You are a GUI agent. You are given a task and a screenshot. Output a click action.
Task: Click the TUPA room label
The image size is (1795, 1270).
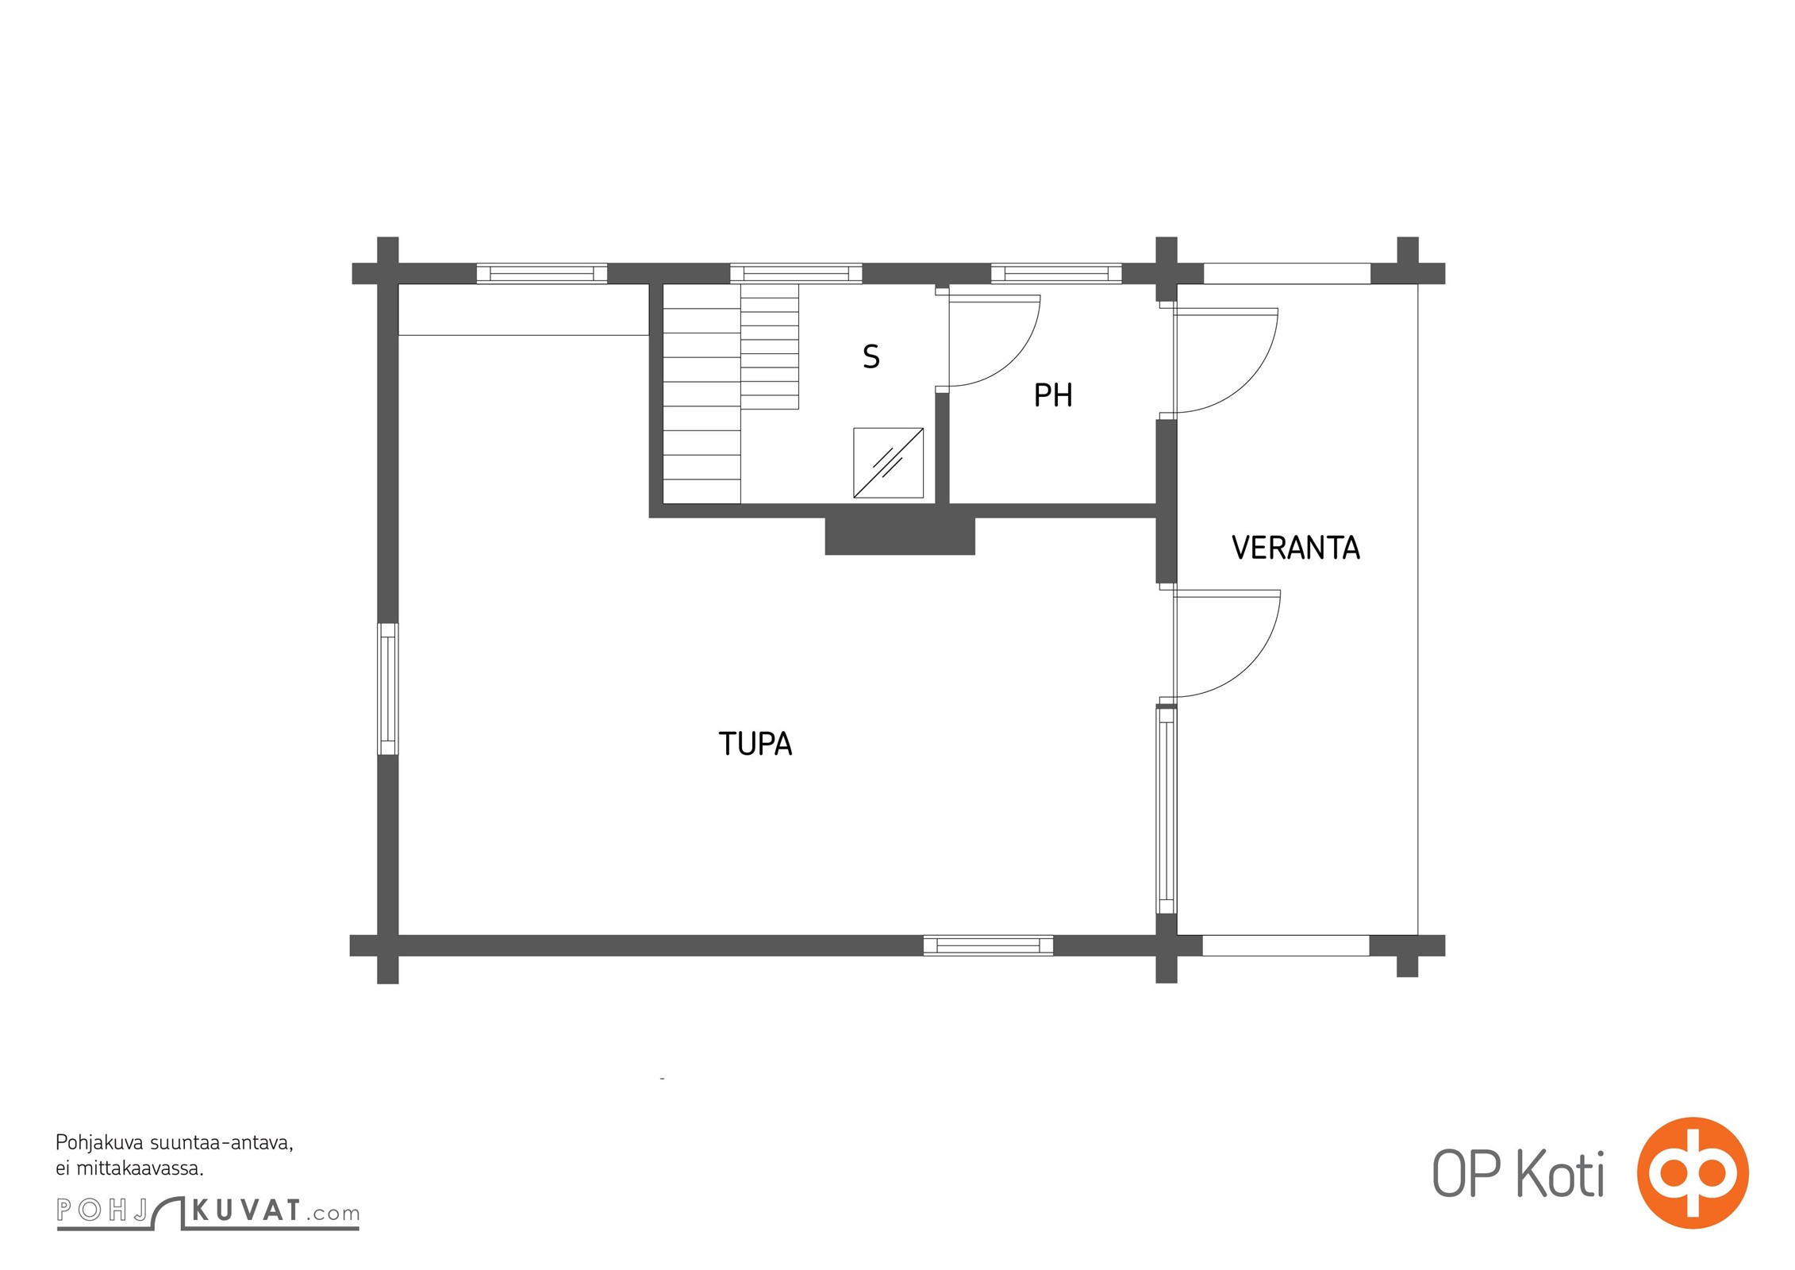click(x=755, y=744)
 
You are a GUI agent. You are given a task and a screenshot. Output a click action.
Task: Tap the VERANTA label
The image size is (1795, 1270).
click(x=1296, y=548)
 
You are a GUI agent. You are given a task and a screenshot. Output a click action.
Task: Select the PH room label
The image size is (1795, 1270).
click(x=1053, y=395)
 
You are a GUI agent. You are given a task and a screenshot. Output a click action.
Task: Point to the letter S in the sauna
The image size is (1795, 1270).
click(x=871, y=357)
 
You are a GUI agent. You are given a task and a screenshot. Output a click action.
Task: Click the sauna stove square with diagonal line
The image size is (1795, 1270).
click(x=888, y=463)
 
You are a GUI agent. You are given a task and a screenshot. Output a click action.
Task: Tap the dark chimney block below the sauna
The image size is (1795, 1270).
click(x=900, y=536)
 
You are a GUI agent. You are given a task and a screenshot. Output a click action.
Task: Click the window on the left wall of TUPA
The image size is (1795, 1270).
click(x=388, y=689)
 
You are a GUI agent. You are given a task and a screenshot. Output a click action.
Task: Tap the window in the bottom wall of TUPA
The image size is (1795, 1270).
click(x=988, y=945)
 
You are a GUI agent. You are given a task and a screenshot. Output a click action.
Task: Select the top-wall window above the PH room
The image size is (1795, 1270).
click(x=1056, y=274)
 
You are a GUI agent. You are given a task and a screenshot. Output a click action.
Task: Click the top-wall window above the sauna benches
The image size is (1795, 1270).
click(x=796, y=274)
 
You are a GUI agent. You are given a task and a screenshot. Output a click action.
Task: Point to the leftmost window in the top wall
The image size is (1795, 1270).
click(x=542, y=274)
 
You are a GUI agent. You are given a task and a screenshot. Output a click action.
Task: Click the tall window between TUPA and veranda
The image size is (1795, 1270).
click(x=1167, y=810)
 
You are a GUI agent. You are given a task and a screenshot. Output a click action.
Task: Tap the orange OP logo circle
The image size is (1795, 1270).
click(x=1693, y=1172)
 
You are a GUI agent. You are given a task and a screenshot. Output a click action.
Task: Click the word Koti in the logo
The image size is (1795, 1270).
click(x=1561, y=1173)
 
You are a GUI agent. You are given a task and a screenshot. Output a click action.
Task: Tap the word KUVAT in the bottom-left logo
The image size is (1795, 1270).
click(x=247, y=1210)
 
